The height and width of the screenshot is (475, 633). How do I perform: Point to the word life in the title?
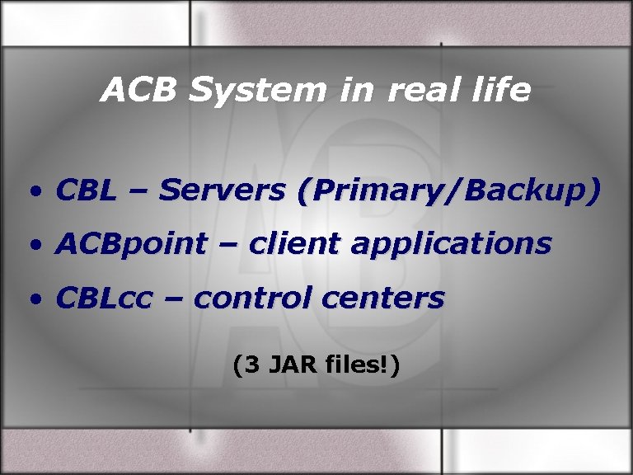pos(499,90)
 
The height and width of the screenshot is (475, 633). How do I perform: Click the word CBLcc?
pos(104,298)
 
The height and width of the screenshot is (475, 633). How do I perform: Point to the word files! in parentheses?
pos(355,363)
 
